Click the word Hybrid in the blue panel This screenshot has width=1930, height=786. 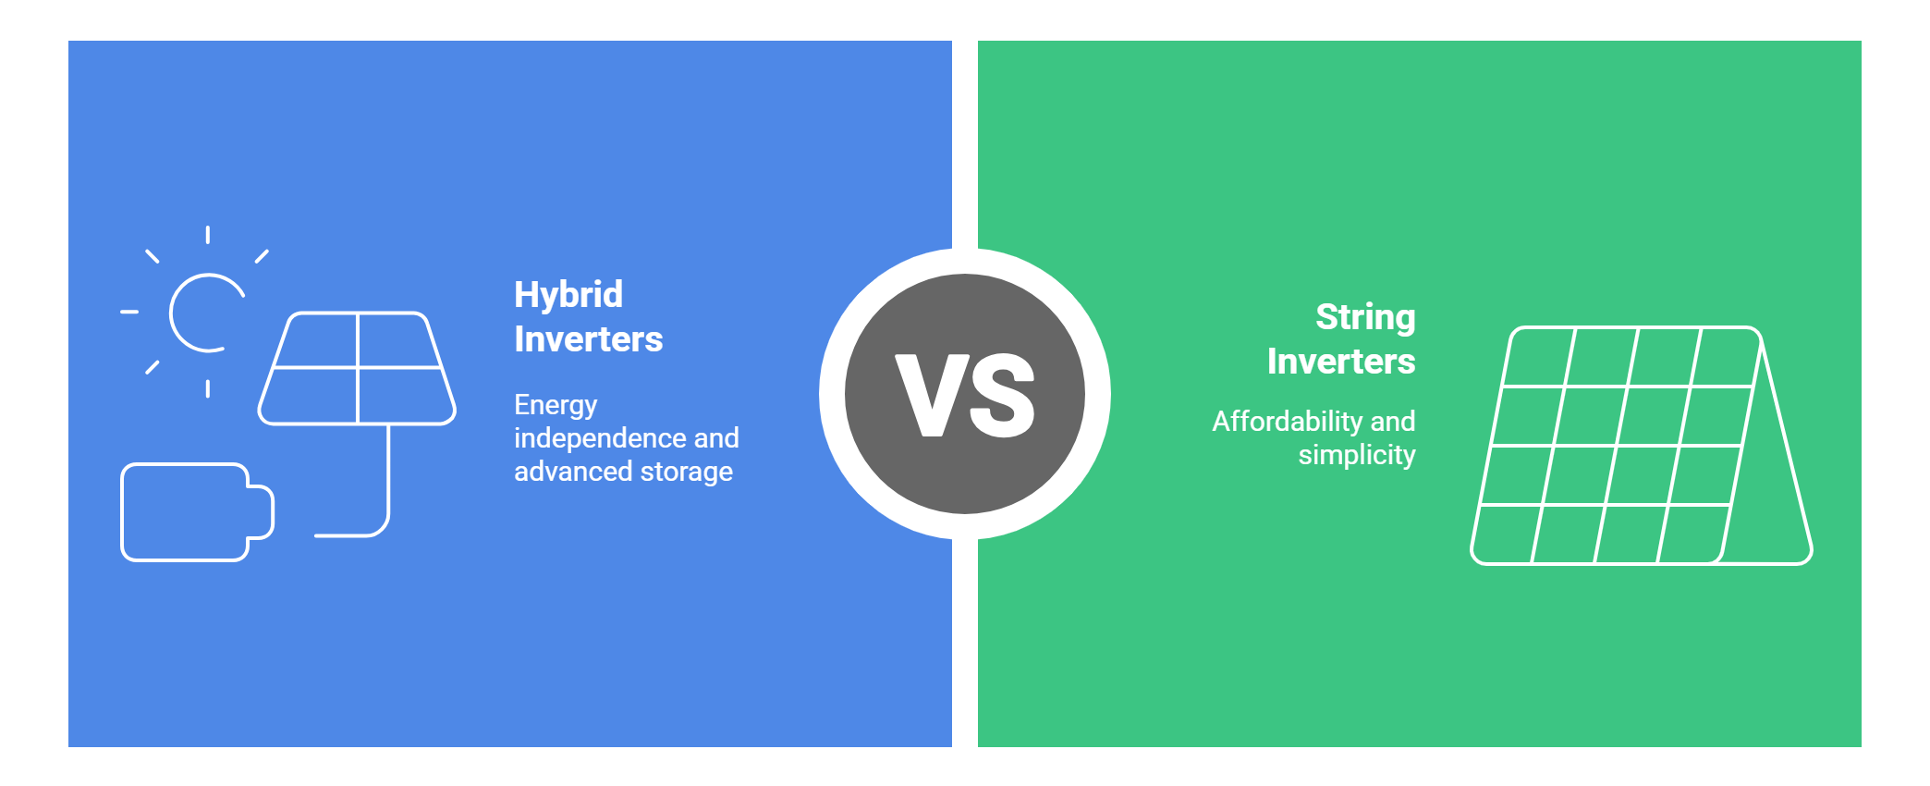pyautogui.click(x=568, y=295)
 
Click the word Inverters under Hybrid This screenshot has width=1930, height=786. pyautogui.click(x=588, y=339)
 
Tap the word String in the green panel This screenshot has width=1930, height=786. pyautogui.click(x=1364, y=317)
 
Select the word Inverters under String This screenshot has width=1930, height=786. pyautogui.click(x=1340, y=362)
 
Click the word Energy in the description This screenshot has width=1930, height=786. pyautogui.click(x=555, y=405)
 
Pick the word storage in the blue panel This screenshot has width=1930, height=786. pyautogui.click(x=686, y=472)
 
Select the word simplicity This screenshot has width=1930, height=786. pyautogui.click(x=1356, y=455)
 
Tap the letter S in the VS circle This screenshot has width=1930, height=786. pyautogui.click(x=1002, y=395)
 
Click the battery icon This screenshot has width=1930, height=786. pyautogui.click(x=185, y=511)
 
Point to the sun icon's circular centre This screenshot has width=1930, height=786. pyautogui.click(x=205, y=313)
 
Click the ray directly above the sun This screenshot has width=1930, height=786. pyautogui.click(x=207, y=235)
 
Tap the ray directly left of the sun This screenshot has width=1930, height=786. pyautogui.click(x=129, y=313)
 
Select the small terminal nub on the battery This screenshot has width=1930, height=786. pyautogui.click(x=262, y=511)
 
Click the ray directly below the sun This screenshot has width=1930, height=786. pyautogui.click(x=207, y=388)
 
